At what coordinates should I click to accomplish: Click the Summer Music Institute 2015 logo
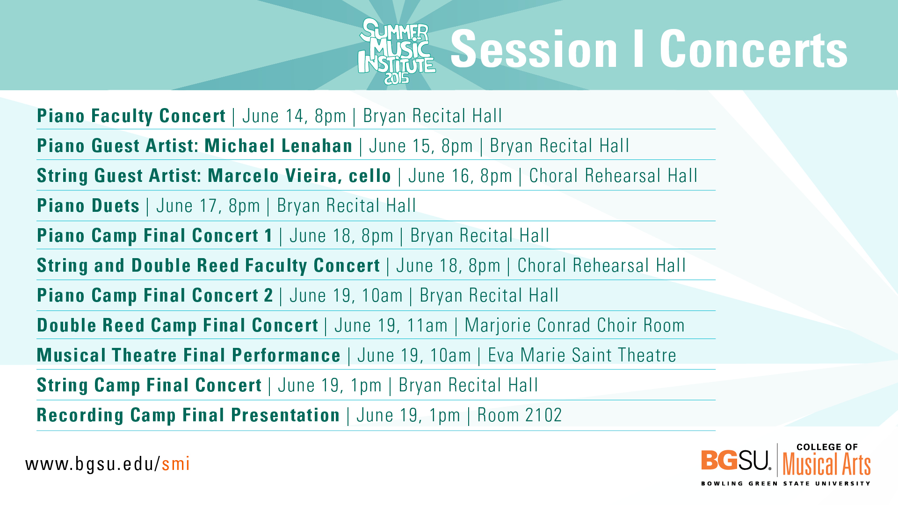click(x=397, y=51)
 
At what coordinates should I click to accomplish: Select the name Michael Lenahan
click(x=278, y=146)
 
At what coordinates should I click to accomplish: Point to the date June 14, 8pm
click(x=294, y=116)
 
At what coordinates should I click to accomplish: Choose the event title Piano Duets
click(x=88, y=206)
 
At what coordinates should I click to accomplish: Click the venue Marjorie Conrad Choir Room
click(x=575, y=325)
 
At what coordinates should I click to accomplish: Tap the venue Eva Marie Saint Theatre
click(x=582, y=355)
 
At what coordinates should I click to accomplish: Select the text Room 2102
click(x=520, y=415)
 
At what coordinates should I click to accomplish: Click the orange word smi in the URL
click(x=175, y=464)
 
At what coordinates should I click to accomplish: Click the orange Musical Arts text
click(x=827, y=464)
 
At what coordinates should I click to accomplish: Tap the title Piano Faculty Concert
click(x=131, y=116)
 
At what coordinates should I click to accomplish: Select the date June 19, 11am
click(x=391, y=325)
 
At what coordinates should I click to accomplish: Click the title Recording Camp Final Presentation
click(x=188, y=415)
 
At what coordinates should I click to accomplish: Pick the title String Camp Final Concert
click(x=149, y=385)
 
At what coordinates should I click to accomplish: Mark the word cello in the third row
click(x=370, y=176)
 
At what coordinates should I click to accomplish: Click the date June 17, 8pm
click(x=208, y=206)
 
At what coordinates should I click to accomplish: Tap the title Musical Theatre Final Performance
click(x=189, y=355)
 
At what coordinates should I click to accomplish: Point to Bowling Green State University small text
click(x=786, y=483)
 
